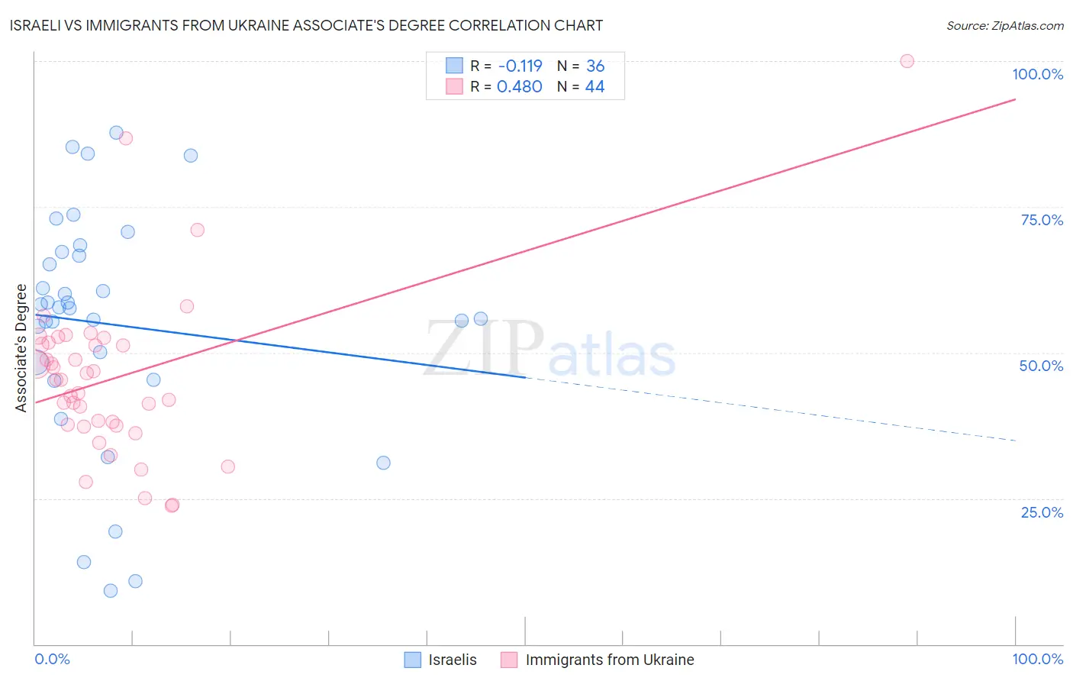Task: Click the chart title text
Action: coord(306,26)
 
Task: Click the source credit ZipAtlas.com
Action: coord(1004,26)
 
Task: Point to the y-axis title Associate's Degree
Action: coord(21,347)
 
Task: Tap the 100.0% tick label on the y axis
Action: coord(1037,74)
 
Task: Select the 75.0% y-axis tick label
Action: coord(1042,220)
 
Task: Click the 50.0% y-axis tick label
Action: coord(1041,366)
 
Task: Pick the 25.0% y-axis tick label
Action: coord(1042,512)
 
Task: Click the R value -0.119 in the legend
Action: coord(520,66)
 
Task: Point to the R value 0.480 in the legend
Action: coord(519,87)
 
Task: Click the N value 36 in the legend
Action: coord(595,66)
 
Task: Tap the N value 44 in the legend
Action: coord(594,87)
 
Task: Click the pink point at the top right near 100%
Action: coord(907,61)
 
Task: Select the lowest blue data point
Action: coord(111,591)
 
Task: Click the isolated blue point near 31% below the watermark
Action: coord(383,463)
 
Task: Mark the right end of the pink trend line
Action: coord(1015,99)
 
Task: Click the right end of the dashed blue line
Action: coord(1015,441)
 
